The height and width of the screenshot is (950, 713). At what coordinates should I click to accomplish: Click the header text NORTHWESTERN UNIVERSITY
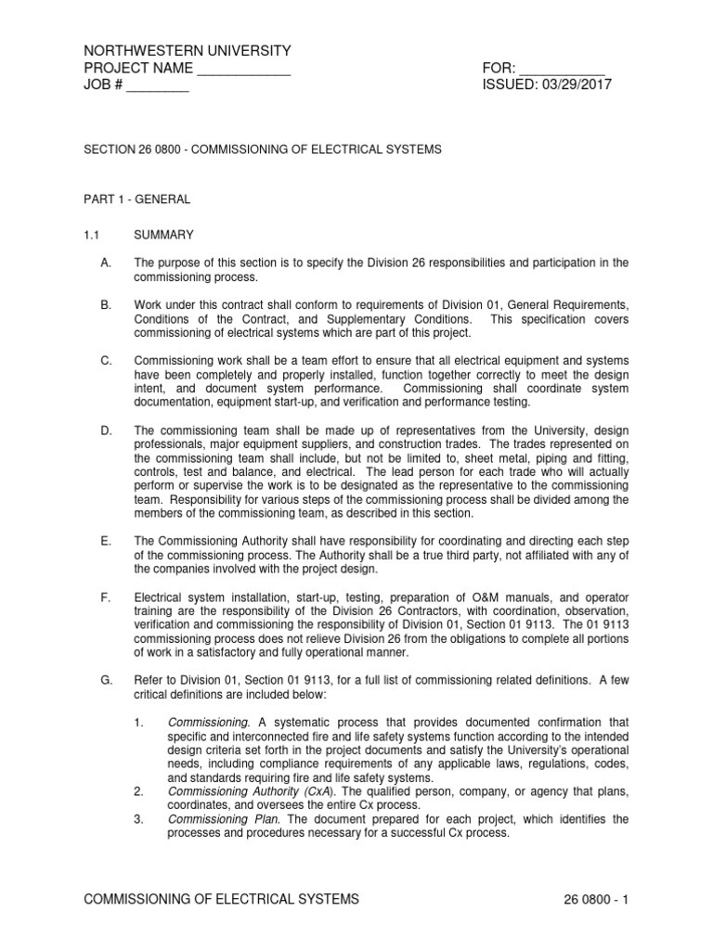[188, 50]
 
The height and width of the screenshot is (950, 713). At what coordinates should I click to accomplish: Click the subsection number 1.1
[92, 236]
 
